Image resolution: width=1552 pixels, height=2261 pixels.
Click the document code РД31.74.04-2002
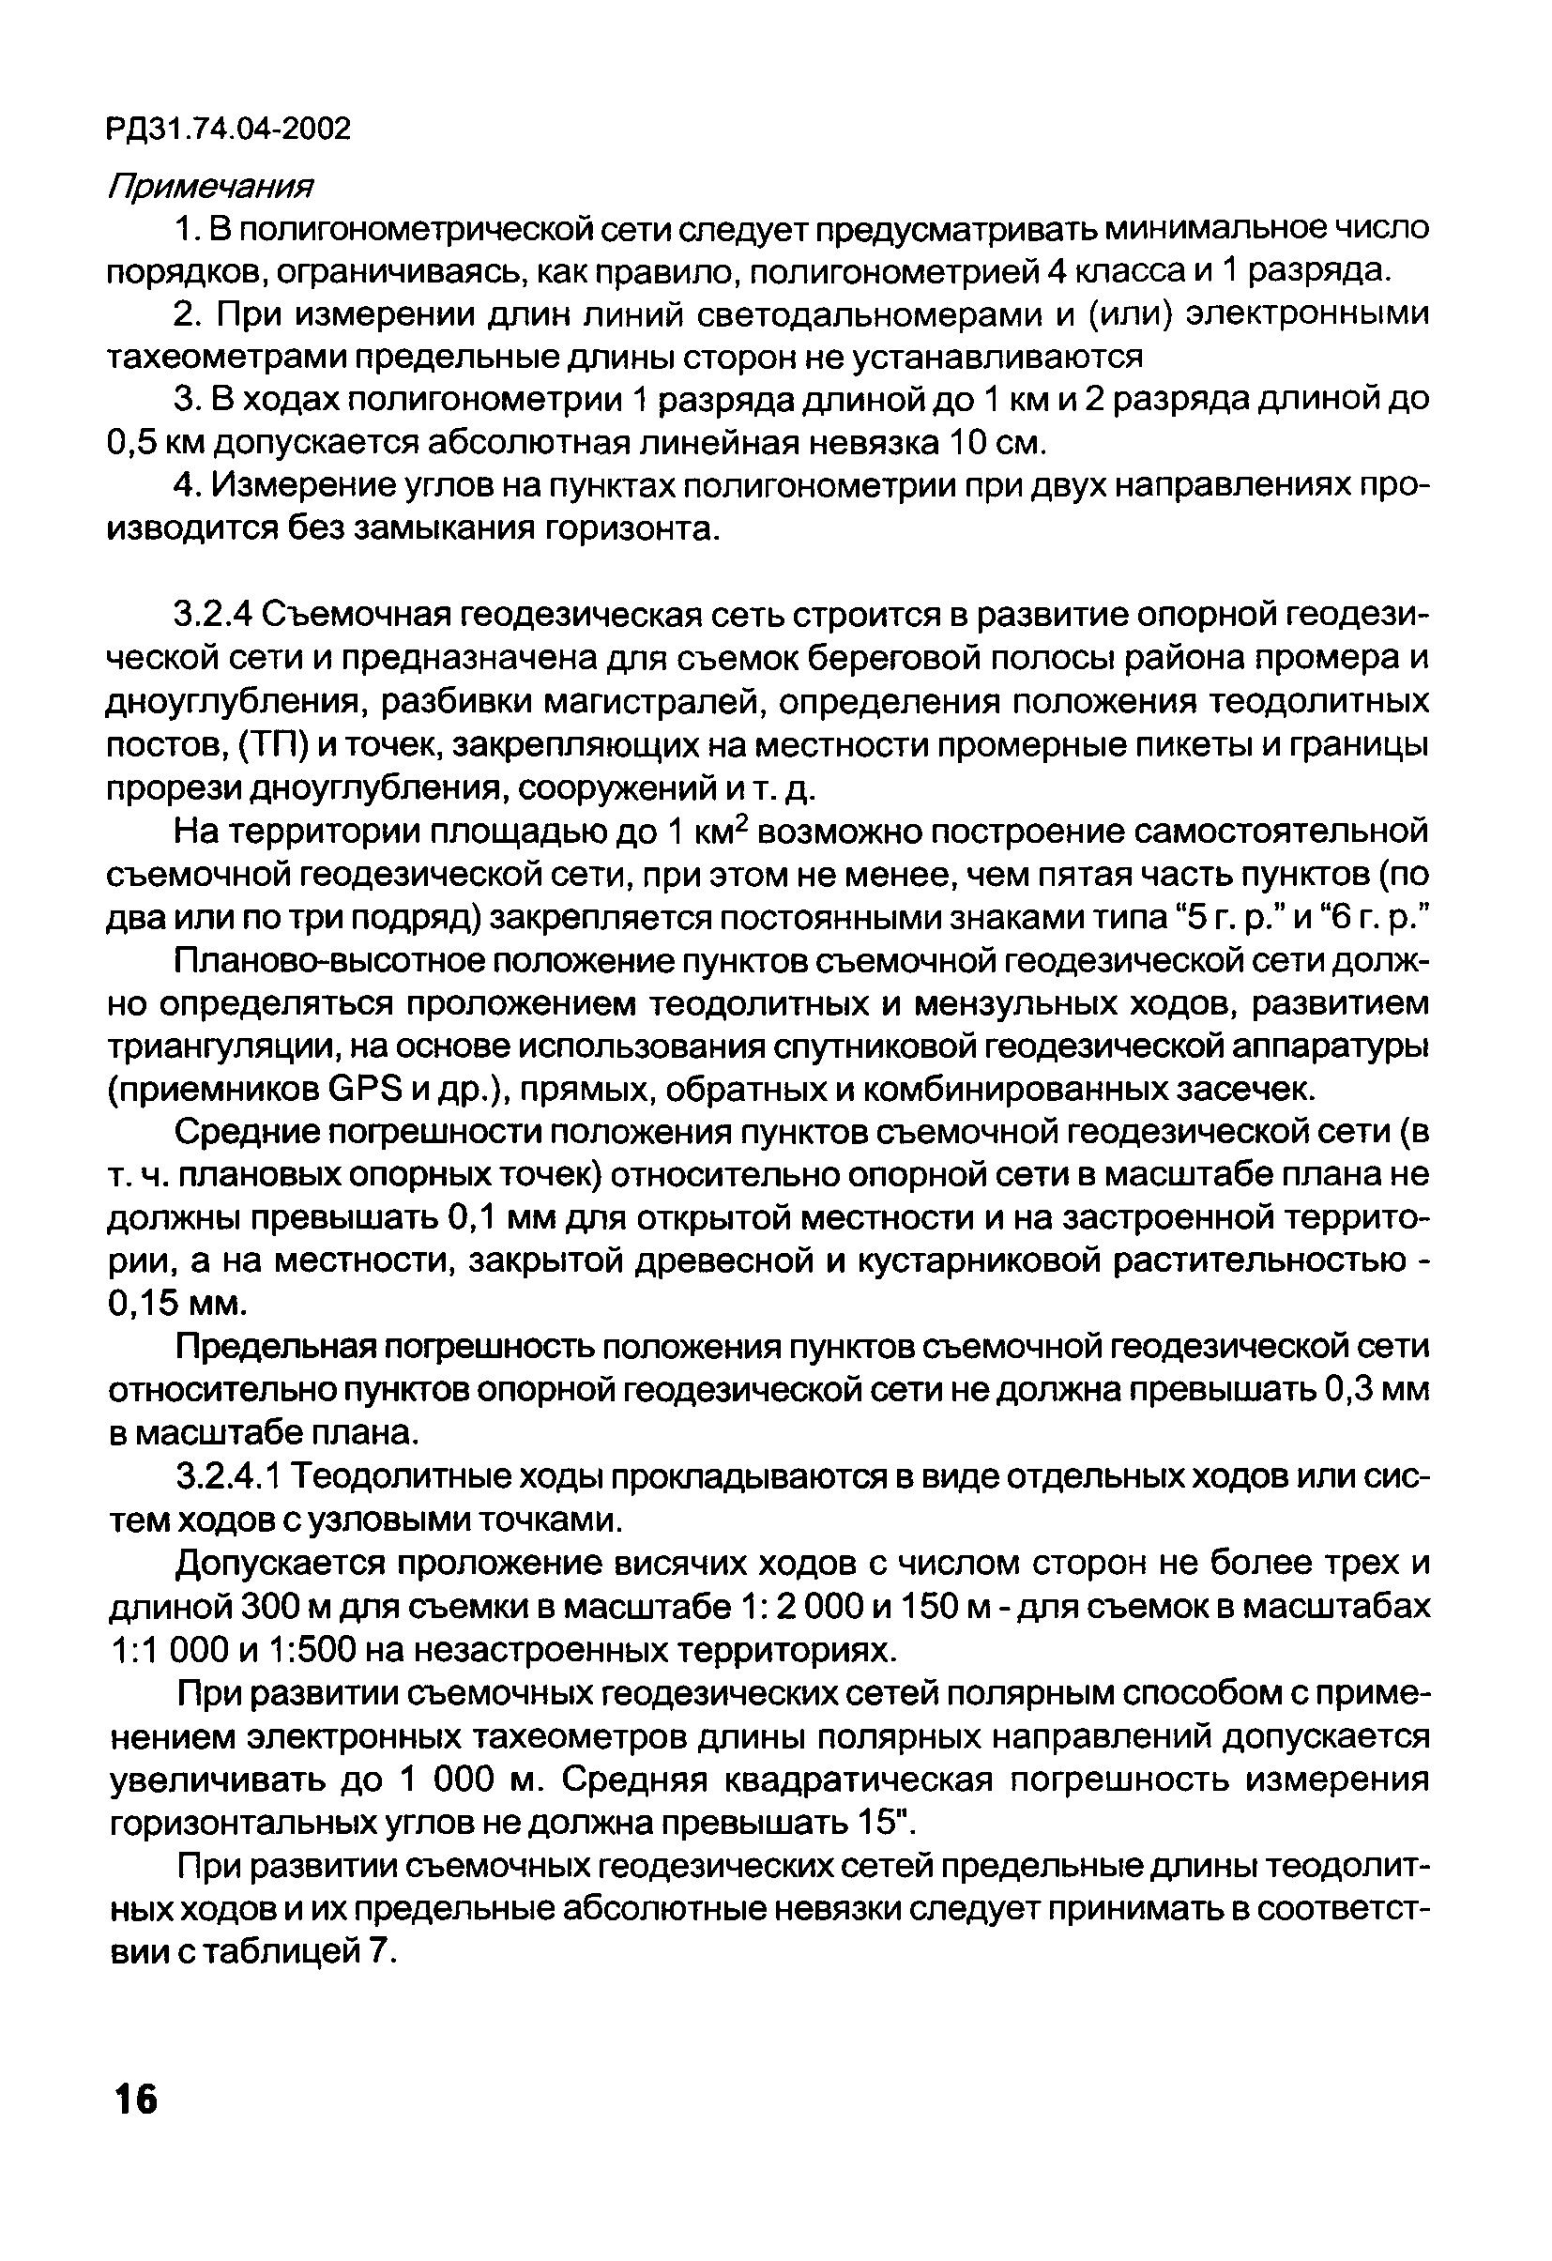click(x=229, y=129)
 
